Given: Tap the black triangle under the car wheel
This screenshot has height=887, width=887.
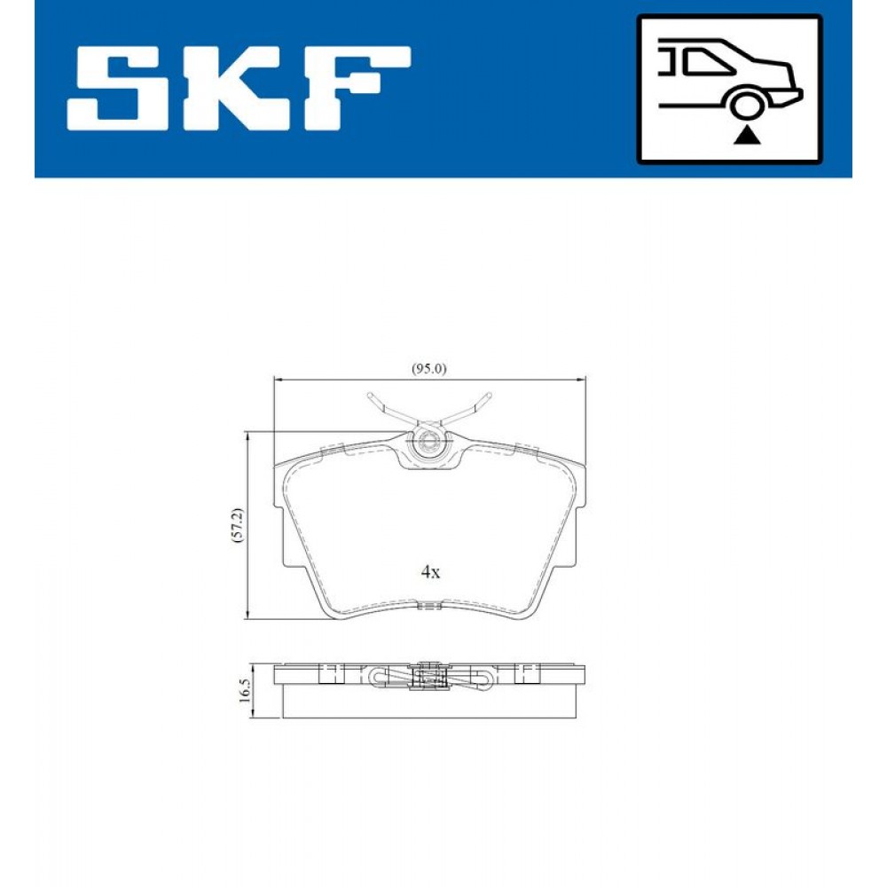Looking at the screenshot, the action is click(x=746, y=136).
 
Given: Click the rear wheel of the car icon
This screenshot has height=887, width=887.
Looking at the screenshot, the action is click(x=746, y=106).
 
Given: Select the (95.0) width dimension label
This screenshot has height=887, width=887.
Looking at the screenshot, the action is click(x=428, y=369).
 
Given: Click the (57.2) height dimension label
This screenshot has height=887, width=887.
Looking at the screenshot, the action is click(x=238, y=525).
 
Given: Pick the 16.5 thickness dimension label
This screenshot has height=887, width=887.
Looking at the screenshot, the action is click(x=244, y=691).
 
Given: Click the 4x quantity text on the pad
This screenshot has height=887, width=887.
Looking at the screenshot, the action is click(x=430, y=572).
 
